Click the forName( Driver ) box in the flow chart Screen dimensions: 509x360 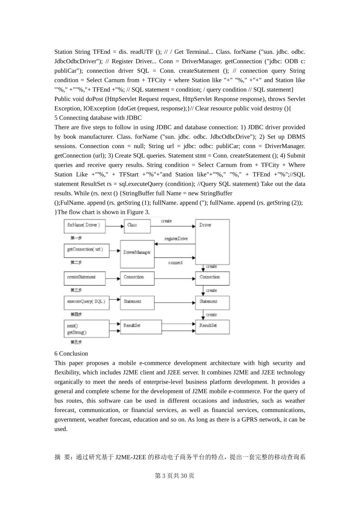point(84,226)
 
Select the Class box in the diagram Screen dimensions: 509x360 point(135,226)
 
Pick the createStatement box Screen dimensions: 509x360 point(84,278)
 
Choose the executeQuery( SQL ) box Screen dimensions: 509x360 point(86,303)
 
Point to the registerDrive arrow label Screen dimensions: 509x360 point(176,239)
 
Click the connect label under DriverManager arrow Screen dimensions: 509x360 point(175,262)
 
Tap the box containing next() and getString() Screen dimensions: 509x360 point(86,329)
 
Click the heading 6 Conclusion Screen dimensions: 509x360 point(71,353)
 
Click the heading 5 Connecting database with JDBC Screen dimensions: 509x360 point(98,118)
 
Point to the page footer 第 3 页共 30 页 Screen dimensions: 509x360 point(175,476)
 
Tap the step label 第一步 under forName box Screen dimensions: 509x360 point(76,238)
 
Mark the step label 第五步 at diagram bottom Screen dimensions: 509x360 point(76,342)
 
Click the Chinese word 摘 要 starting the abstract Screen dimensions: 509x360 point(63,457)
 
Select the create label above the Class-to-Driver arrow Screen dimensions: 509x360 point(166,221)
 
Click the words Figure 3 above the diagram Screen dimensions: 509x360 point(137,212)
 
